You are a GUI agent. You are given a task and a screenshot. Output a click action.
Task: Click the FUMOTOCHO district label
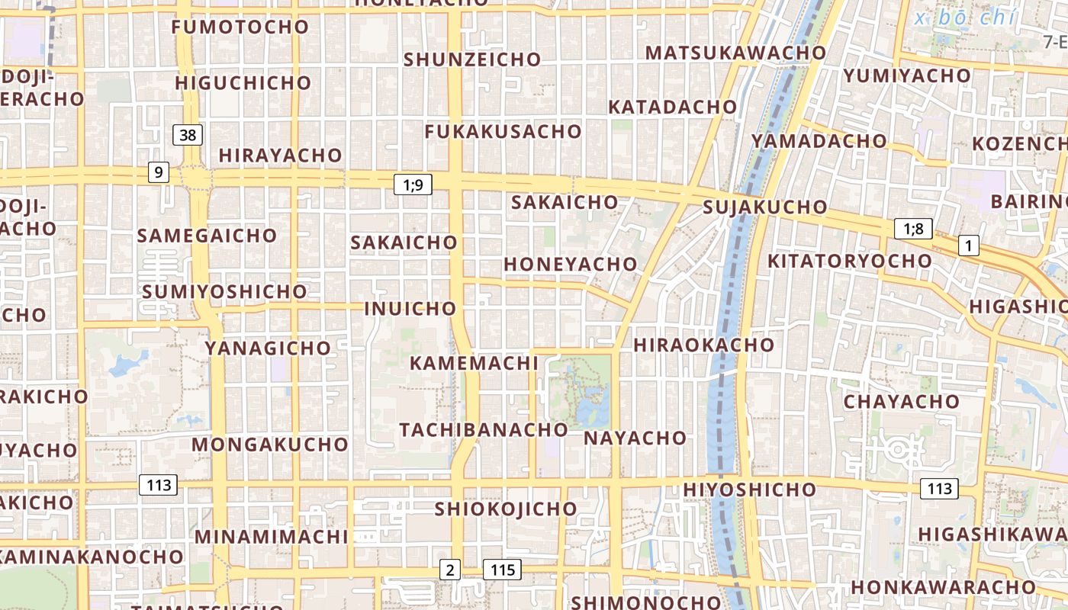point(240,27)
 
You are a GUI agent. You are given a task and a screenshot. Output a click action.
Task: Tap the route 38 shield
point(188,136)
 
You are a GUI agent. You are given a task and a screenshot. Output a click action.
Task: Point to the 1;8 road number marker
point(913,229)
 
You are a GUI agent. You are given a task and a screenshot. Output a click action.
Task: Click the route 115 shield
point(502,570)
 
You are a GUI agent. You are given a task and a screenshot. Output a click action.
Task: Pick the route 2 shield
point(450,570)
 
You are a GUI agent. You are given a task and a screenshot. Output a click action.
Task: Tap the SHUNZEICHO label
point(472,59)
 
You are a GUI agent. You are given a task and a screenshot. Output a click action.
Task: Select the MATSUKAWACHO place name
point(735,53)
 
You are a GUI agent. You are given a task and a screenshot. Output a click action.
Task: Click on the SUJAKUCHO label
point(764,207)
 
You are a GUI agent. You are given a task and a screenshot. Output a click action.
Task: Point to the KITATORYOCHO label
point(849,261)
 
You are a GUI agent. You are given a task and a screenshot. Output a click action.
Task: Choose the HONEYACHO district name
point(570,265)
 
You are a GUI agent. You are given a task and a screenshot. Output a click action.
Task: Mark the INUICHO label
point(410,309)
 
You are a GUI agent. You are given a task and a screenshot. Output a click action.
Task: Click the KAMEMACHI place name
point(474,363)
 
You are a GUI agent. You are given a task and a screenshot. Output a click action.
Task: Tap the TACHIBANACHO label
point(484,429)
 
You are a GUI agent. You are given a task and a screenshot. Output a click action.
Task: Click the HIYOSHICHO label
point(749,489)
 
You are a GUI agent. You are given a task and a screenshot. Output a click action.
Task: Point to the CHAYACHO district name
point(901,401)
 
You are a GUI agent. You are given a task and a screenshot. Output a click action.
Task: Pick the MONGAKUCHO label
point(270,445)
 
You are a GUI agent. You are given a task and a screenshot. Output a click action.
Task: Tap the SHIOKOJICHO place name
point(506,509)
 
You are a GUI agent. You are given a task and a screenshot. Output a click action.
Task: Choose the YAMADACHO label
point(819,141)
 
